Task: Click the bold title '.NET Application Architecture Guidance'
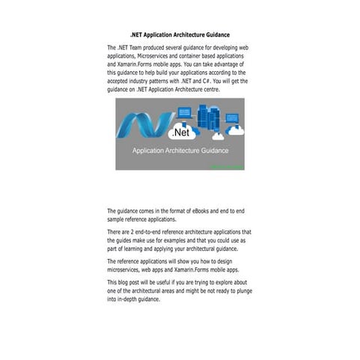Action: coord(180,34)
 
